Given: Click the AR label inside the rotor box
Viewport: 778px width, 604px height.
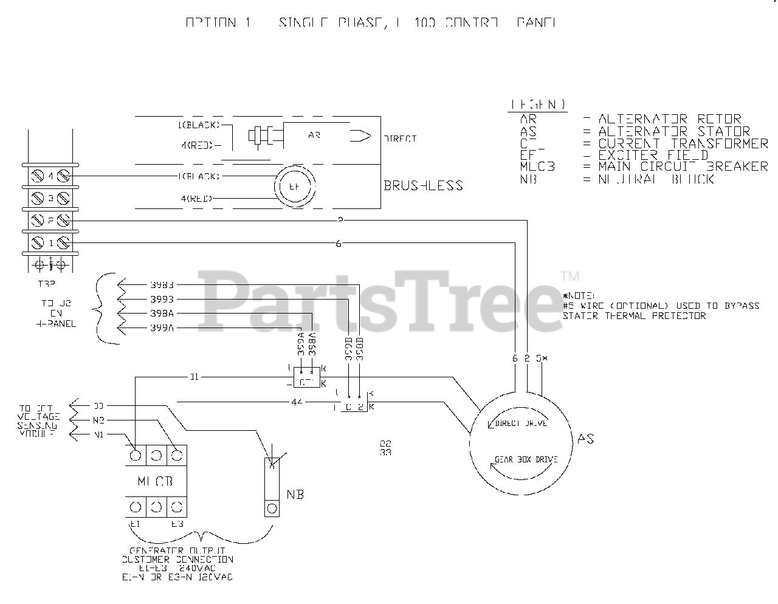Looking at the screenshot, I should (x=314, y=136).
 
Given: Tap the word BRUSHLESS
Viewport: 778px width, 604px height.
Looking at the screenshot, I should (x=423, y=185).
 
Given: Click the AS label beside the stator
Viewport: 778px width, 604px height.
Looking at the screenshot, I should (x=585, y=439).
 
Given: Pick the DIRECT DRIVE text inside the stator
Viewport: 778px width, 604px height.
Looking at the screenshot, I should (x=522, y=423).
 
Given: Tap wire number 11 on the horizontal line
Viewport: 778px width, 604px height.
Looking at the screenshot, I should (x=194, y=377).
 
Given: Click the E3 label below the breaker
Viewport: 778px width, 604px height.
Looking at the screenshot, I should (x=177, y=524).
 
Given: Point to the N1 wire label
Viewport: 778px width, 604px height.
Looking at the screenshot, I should (x=98, y=434).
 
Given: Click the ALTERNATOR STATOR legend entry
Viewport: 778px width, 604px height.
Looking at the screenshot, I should (x=674, y=131).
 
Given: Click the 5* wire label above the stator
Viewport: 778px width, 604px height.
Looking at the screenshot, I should (x=542, y=359).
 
